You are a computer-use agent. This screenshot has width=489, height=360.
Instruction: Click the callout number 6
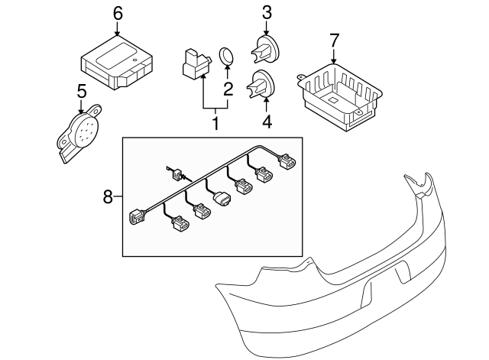pyautogui.click(x=117, y=13)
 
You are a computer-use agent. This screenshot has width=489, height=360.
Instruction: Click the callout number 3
pyautogui.click(x=266, y=12)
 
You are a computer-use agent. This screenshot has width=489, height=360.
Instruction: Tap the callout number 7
pyautogui.click(x=333, y=39)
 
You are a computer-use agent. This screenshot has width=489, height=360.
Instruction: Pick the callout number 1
pyautogui.click(x=215, y=122)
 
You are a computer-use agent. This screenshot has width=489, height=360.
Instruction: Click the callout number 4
pyautogui.click(x=266, y=120)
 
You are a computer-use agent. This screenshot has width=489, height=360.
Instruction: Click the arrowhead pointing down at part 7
pyautogui.click(x=333, y=59)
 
